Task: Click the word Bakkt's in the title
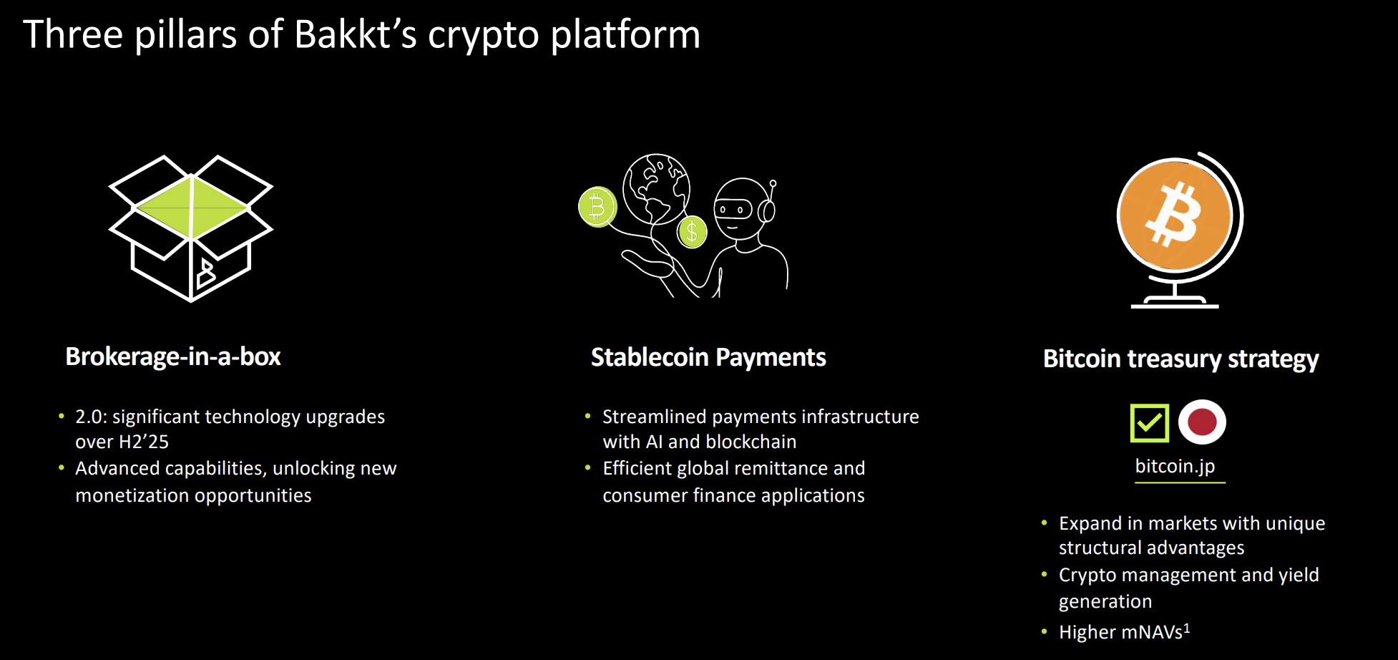pos(355,34)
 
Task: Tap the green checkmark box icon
pos(1149,422)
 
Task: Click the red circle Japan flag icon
pos(1202,422)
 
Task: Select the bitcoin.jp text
pos(1175,466)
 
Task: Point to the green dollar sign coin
pos(692,231)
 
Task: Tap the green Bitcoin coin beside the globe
pos(597,207)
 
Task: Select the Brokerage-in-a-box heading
pos(173,356)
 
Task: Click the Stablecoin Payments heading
pos(708,357)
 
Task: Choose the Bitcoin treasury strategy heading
pos(1181,359)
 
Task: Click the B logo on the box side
pos(206,273)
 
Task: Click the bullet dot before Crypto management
pos(1045,574)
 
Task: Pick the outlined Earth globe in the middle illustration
pos(656,188)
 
